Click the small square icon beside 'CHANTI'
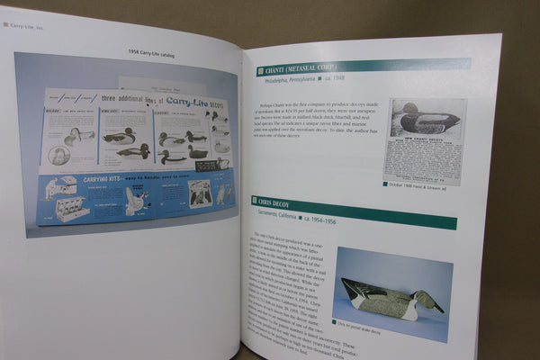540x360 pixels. point(261,68)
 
